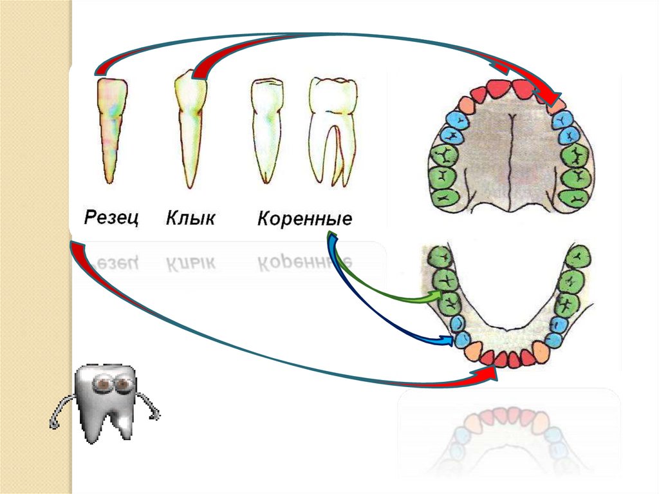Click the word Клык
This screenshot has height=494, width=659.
pos(190,218)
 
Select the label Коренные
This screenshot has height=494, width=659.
pos(304,218)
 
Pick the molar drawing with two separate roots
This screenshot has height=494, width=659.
pos(332,129)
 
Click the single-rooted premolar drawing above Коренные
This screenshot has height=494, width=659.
pos(266,129)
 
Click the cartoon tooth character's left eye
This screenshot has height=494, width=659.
pos(101,385)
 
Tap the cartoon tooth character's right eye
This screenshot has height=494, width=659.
pos(122,385)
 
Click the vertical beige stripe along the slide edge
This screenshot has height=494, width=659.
pos(35,258)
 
